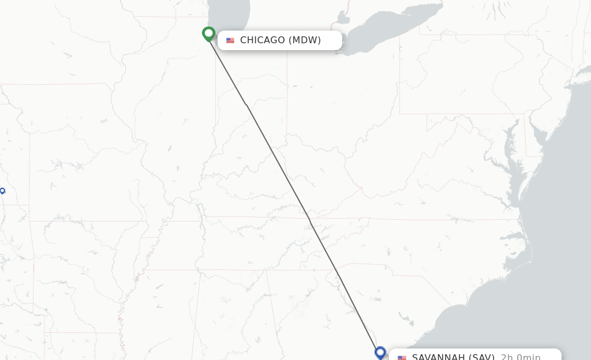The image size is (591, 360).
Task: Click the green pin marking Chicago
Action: point(208,34)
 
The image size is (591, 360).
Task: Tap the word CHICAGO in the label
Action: point(262,40)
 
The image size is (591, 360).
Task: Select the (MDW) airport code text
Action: point(304,40)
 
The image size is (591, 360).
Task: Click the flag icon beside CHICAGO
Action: point(230,40)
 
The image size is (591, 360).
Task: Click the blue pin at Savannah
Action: point(380,352)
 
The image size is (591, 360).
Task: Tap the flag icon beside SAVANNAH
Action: point(402,358)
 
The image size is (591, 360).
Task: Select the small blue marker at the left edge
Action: point(2,190)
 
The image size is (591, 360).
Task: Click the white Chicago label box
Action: point(279,40)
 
